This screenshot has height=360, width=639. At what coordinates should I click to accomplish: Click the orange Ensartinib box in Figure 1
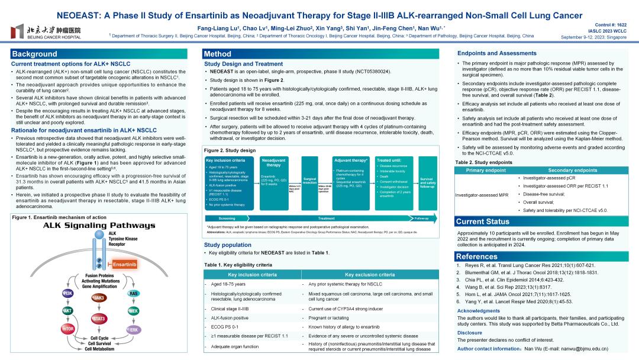click(x=124, y=264)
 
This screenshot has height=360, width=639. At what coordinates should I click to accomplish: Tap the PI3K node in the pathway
click(x=67, y=293)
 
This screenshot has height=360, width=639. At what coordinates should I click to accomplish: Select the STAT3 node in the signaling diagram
click(x=98, y=319)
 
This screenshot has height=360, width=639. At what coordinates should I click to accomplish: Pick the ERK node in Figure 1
click(x=134, y=329)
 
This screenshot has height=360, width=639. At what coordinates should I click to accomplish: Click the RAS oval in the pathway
click(x=134, y=293)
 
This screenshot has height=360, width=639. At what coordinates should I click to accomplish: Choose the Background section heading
click(x=35, y=54)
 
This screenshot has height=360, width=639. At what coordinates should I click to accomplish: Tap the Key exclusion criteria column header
click(x=370, y=275)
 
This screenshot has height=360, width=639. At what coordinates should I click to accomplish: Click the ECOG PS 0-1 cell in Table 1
click(x=225, y=326)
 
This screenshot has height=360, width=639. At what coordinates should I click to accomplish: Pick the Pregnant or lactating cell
click(x=330, y=317)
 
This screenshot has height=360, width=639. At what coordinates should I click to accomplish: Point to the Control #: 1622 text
click(x=610, y=25)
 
